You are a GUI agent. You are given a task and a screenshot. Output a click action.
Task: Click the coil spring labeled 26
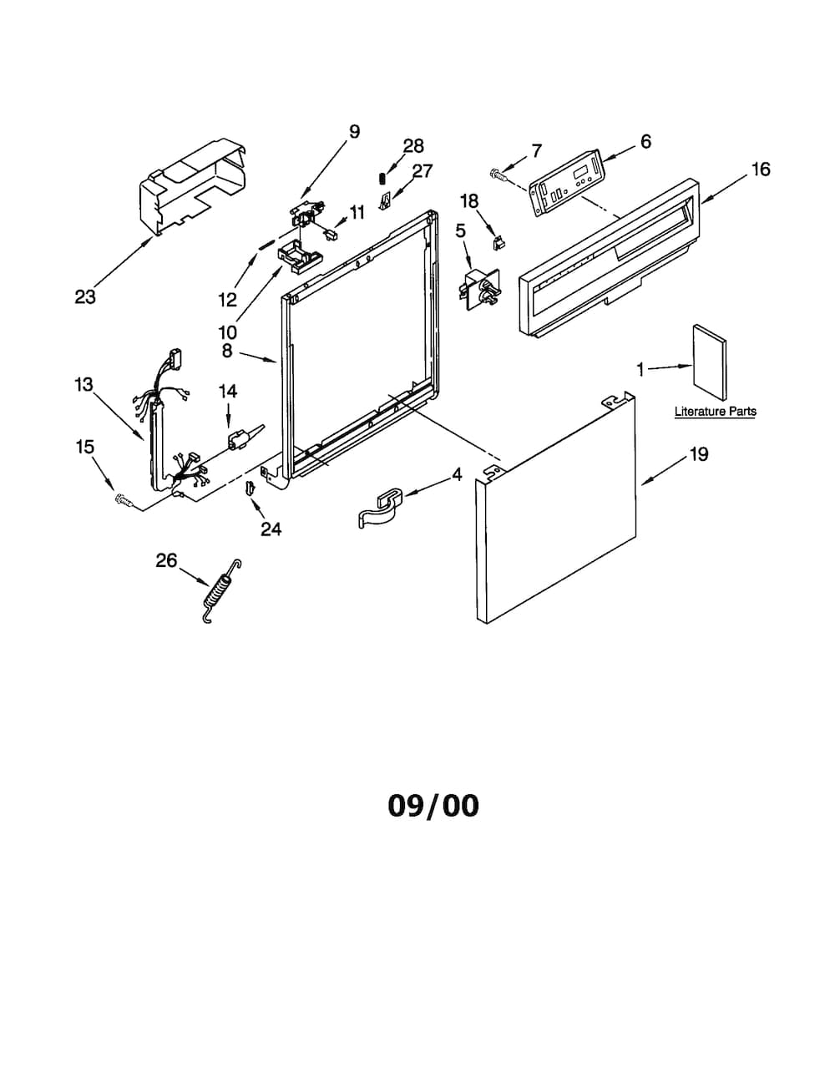click(221, 591)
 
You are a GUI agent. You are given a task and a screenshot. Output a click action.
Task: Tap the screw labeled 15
click(124, 500)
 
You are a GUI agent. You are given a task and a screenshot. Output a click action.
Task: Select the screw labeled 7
click(498, 174)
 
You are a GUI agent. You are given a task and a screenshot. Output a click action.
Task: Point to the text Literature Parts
click(716, 412)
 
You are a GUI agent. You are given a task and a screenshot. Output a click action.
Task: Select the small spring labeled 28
click(382, 178)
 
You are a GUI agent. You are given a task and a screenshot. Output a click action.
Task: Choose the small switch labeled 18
click(497, 243)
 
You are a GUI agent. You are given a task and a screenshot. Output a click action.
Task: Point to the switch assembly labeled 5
click(478, 289)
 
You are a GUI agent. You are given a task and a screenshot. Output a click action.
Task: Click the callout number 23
click(85, 297)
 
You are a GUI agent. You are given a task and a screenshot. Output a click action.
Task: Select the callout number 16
click(762, 170)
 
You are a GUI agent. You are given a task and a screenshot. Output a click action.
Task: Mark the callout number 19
click(699, 454)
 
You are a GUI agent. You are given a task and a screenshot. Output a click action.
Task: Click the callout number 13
click(83, 384)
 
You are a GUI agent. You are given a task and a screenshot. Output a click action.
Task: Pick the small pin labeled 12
click(266, 244)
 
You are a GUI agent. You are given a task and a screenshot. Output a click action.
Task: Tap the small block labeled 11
click(331, 235)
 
